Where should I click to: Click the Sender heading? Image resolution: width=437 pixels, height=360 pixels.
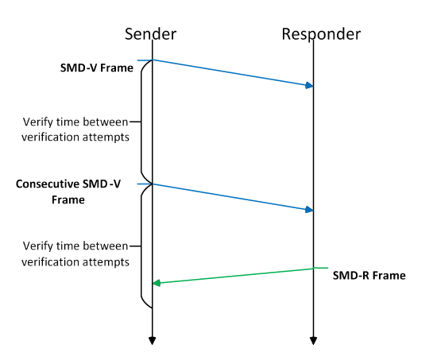coord(150,34)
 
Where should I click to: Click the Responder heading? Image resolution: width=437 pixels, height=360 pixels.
coord(321,34)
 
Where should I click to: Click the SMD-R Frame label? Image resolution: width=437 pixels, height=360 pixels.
coord(369,276)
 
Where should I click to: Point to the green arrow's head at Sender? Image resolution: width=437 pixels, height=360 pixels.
coord(157,283)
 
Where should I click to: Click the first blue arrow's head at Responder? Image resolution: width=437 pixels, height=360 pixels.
coord(309,85)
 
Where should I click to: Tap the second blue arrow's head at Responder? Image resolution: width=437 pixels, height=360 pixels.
coord(309,210)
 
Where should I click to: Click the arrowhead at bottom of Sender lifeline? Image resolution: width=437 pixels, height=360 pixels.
coord(151,341)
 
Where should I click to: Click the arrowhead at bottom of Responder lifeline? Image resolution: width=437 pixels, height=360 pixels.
coord(314,341)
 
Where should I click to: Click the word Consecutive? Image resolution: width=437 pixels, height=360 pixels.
coord(49,184)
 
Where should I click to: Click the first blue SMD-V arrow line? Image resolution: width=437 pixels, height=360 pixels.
coord(230,72)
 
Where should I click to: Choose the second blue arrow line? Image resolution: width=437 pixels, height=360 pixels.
coord(230,197)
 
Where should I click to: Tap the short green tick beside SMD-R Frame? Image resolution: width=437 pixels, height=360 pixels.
coord(321,268)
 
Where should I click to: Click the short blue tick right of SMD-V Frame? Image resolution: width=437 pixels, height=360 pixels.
coord(143,60)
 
